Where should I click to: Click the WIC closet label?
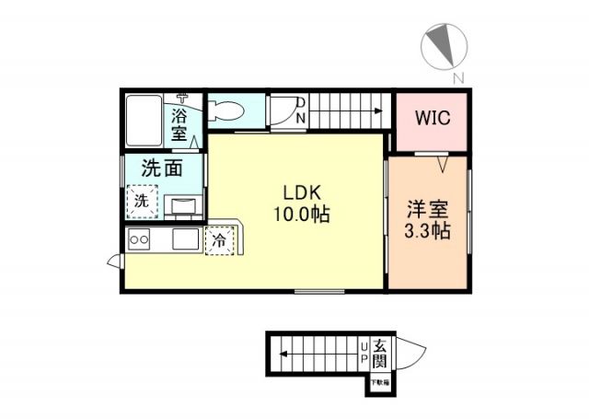pos(433,119)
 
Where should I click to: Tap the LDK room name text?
pos(301,193)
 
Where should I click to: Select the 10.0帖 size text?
pos(301,215)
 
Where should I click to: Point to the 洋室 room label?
pos(428,209)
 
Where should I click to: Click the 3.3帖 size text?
pos(428,231)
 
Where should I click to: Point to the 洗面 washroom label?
pos(160,169)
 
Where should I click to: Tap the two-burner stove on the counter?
pos(140,240)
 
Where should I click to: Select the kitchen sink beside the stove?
pos(183,240)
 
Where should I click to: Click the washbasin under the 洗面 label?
pos(182,205)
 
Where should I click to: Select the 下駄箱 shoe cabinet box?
pos(379,381)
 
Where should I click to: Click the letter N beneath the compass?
pos(457,76)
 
